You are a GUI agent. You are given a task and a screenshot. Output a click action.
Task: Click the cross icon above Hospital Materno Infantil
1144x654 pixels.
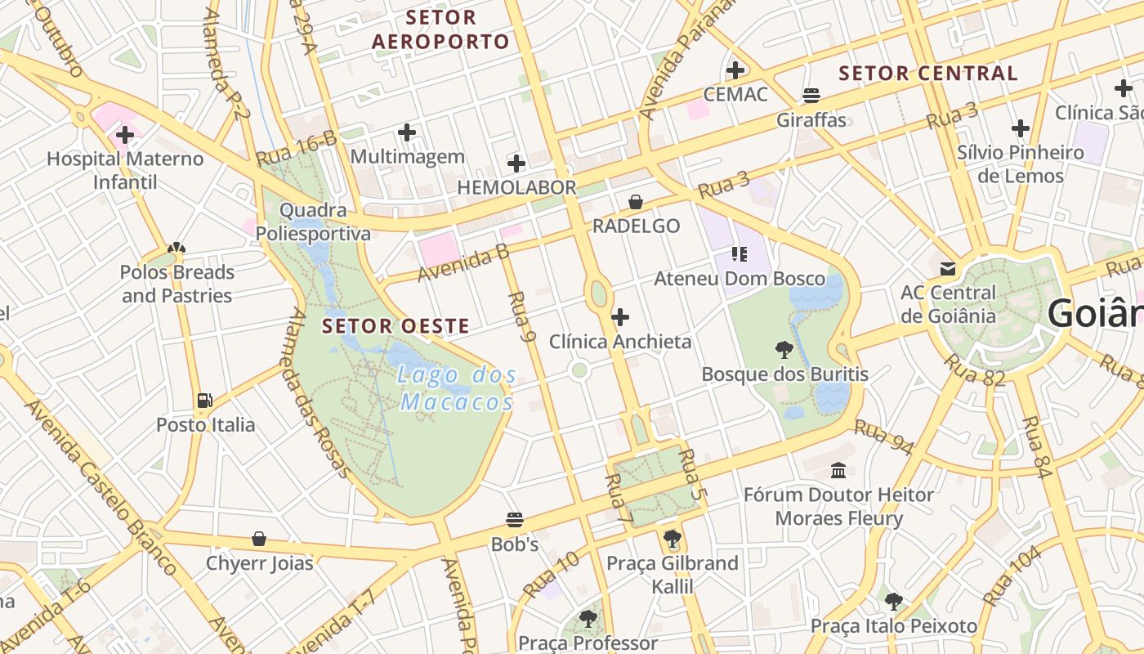[x=125, y=135]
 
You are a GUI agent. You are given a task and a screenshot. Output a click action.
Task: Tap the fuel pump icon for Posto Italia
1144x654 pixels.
[x=205, y=401]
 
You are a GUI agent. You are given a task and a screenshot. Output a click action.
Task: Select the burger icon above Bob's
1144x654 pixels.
[x=515, y=520]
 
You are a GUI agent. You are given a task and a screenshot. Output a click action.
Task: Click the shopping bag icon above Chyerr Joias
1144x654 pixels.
[x=259, y=539]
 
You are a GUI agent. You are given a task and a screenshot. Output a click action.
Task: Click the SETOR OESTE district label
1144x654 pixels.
[x=395, y=326]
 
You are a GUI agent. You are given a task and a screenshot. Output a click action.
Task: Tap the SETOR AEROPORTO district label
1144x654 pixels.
[x=440, y=29]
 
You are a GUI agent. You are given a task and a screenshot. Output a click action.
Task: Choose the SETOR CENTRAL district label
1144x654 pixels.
[x=928, y=73]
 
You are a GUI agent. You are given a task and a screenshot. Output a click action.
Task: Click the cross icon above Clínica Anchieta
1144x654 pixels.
[x=620, y=317]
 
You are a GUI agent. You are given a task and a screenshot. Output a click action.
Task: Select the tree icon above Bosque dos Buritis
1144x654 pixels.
[x=784, y=350]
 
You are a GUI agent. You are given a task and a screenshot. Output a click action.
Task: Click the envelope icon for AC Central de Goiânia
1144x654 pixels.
[x=948, y=268]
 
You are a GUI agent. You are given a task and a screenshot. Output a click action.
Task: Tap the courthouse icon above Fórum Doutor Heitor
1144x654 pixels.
[x=838, y=470]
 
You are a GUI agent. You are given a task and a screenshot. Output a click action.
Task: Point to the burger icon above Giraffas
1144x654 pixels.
[x=811, y=96]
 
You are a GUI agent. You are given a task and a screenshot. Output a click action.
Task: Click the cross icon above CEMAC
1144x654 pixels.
[x=735, y=70]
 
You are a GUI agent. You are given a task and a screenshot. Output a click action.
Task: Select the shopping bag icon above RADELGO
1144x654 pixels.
[x=636, y=202]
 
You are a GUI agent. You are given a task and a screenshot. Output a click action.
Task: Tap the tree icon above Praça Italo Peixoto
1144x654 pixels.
[x=894, y=602]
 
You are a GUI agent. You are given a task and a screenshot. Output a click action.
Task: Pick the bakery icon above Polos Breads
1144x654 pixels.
[x=177, y=248]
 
